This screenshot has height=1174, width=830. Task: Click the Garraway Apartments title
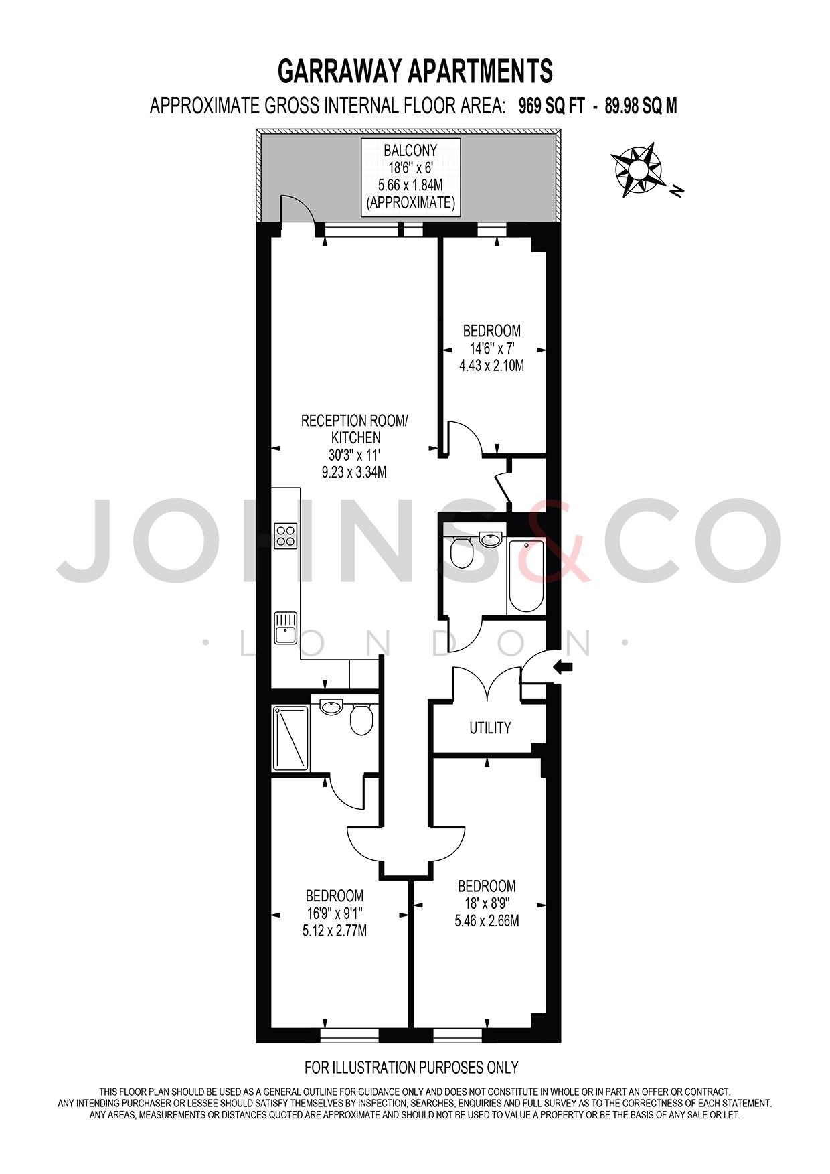click(415, 71)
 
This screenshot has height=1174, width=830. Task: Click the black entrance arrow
click(564, 666)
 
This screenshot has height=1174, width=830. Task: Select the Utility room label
click(490, 728)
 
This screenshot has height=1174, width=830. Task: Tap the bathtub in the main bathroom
click(526, 577)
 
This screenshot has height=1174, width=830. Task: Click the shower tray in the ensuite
click(290, 737)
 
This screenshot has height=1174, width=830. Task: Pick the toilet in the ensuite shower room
click(361, 720)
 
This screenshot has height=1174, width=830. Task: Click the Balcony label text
click(411, 151)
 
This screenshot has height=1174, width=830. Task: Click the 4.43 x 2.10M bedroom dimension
click(491, 366)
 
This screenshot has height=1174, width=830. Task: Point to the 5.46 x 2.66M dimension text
click(487, 921)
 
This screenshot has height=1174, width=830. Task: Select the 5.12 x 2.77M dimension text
click(335, 930)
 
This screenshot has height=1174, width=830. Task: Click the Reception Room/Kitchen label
click(354, 429)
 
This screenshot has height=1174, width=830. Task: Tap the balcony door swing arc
click(298, 209)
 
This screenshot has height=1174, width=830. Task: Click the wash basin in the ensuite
click(331, 706)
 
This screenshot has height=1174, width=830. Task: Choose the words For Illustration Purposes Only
click(411, 1068)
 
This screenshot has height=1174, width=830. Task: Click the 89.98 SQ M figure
click(641, 106)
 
